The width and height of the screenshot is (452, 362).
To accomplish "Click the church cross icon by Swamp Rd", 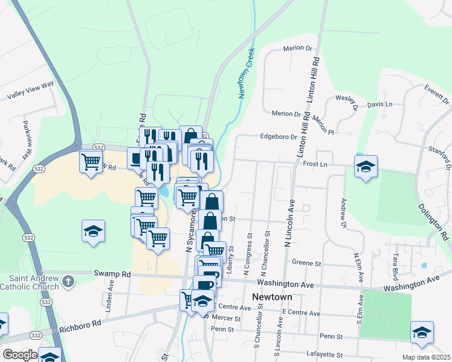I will (68, 281).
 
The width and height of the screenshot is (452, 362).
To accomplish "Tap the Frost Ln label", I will (315, 164).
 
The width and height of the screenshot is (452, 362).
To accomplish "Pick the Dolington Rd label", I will (434, 220).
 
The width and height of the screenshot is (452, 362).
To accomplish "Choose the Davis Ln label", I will (379, 104).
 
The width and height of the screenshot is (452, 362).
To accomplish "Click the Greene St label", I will (306, 263).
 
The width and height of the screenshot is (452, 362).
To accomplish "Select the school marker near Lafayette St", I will (422, 332).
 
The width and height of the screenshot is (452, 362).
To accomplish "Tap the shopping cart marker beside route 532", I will (91, 162).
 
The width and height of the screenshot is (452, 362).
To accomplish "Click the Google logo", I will (19, 355).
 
